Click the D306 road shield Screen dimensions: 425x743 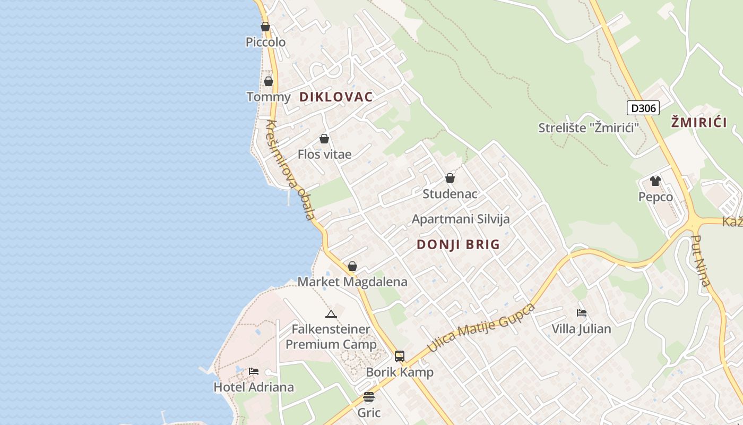pos(643,108)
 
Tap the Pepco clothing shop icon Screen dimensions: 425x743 pos(655,181)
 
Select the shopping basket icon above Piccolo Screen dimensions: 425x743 pos(265,27)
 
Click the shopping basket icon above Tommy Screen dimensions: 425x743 pos(269,81)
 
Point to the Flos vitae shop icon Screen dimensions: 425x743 pos(324,139)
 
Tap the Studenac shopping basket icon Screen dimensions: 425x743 pos(450,178)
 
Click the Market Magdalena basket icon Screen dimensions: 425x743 pos(352,266)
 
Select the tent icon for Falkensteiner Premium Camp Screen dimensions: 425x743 pos(331,314)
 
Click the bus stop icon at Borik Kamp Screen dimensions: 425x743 pos(400,356)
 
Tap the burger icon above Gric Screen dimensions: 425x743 pos(369,397)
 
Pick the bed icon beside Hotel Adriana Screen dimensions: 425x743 pos(254,371)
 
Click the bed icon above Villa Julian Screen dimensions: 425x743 pos(582,313)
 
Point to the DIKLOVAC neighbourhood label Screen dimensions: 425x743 pos(336,97)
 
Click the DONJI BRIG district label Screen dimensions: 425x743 pos(458,244)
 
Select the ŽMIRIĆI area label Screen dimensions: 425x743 pos(698,123)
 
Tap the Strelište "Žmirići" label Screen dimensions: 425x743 pos(588,128)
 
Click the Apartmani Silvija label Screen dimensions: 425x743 pos(461,219)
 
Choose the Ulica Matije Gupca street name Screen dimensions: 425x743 pos(481,327)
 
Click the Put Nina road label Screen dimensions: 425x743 pos(702,261)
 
